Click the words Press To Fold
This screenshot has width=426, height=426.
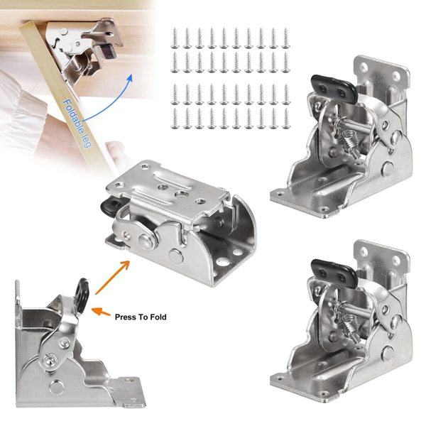[x=141, y=317]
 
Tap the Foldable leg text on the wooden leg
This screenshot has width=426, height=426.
[x=77, y=124]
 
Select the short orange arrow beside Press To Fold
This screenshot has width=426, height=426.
[x=101, y=312]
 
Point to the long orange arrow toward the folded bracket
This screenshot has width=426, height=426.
[x=112, y=277]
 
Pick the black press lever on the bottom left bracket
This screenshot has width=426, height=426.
[x=82, y=292]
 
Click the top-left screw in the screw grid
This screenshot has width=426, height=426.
[x=175, y=38]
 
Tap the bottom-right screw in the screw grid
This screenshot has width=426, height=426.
[x=285, y=119]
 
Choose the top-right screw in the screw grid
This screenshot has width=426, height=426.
[x=285, y=38]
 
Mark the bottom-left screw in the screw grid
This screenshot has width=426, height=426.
[x=175, y=119]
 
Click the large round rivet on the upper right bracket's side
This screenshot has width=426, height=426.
[x=387, y=169]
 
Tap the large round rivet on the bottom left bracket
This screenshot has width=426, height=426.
[x=55, y=386]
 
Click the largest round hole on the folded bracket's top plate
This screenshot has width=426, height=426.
[x=182, y=195]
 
